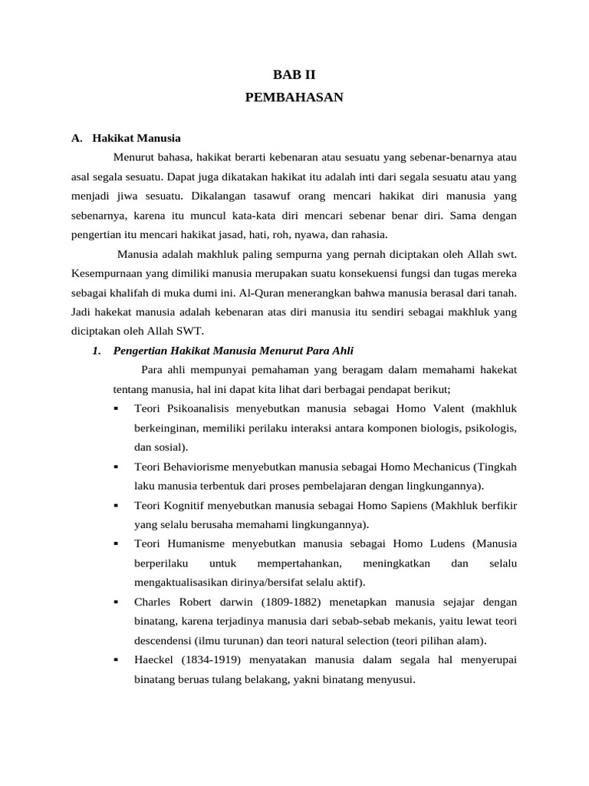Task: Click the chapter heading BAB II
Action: [294, 75]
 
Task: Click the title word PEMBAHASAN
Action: [294, 97]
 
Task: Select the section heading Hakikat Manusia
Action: [137, 139]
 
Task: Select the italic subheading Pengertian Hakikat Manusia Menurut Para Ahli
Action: [233, 351]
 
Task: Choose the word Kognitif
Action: [184, 506]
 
